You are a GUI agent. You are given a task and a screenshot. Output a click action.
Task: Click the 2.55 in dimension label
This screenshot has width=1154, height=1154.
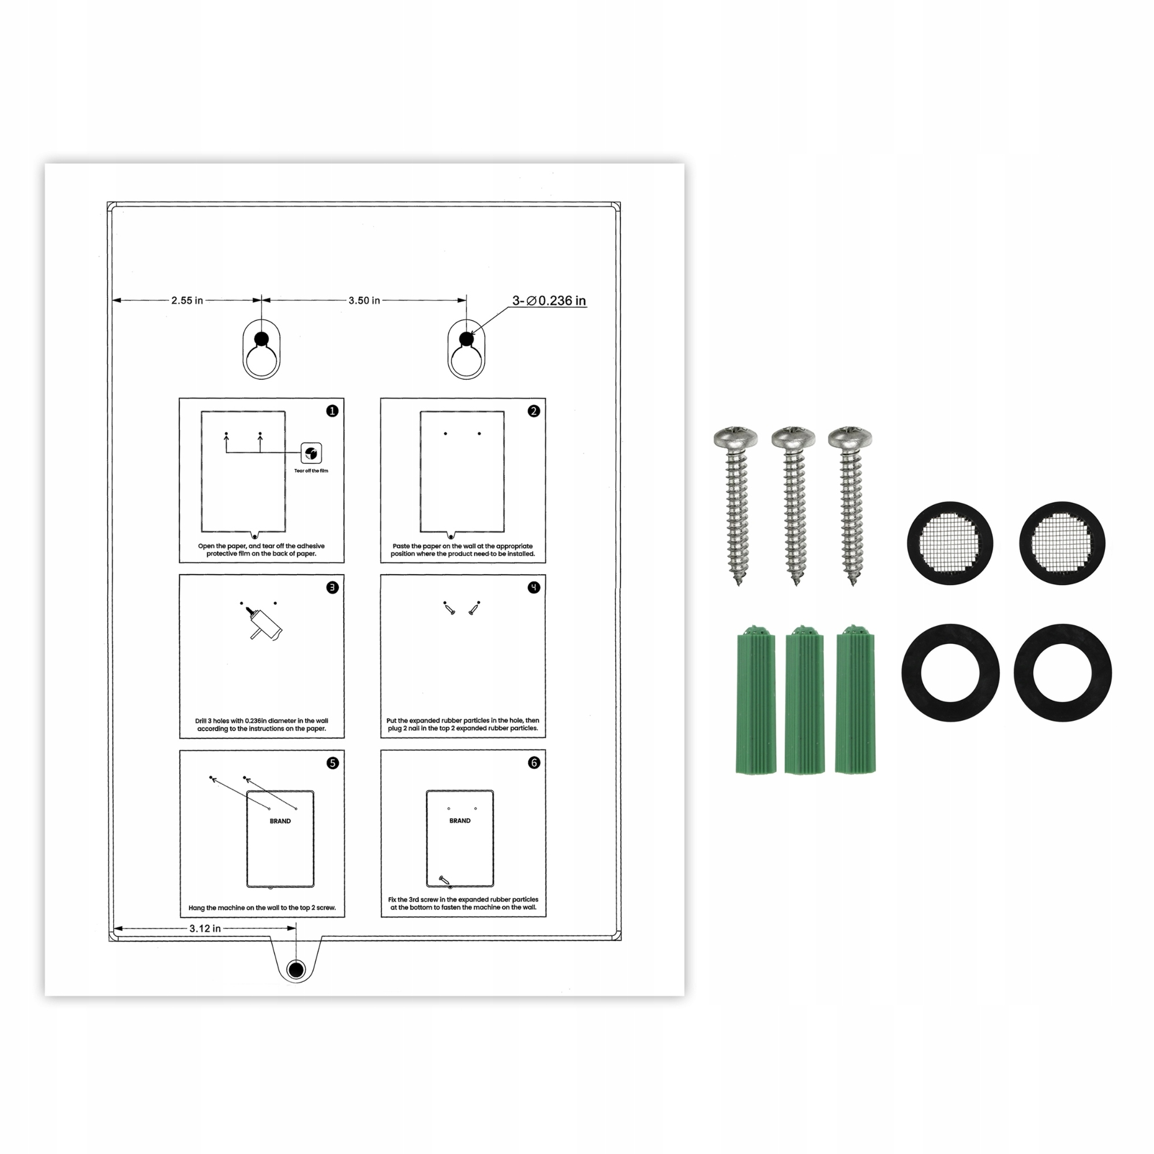[x=187, y=301]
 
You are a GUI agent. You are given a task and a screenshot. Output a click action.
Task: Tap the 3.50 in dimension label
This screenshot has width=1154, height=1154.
[x=364, y=301]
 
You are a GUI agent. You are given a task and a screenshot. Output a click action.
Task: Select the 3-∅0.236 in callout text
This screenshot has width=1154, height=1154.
[x=549, y=301]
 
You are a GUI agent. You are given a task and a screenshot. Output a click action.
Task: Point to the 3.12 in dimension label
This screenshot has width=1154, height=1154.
[x=205, y=928]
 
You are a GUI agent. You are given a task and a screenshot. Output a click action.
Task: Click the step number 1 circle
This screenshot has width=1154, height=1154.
[x=333, y=411]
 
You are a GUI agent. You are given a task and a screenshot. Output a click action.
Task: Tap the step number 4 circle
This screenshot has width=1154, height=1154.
[x=534, y=587]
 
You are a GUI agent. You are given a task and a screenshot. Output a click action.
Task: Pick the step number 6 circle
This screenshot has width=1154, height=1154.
[x=534, y=763]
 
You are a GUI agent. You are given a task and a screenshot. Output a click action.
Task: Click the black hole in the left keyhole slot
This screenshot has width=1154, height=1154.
[x=261, y=339]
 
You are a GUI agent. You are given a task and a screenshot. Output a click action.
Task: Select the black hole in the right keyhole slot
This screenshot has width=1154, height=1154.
[x=466, y=339]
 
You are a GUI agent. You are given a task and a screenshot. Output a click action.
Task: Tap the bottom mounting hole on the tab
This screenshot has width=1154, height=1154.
[x=296, y=969]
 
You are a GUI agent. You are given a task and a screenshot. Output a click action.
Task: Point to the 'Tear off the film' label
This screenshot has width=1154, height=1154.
[x=311, y=471]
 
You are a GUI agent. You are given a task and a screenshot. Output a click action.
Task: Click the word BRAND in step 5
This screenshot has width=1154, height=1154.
[x=280, y=821]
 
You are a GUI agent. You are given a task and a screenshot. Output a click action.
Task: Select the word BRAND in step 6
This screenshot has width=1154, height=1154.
[x=460, y=820]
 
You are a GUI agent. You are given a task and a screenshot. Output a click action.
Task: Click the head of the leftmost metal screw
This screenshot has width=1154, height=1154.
[x=736, y=437]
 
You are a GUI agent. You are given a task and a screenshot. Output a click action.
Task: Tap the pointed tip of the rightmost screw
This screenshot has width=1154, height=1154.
[x=853, y=584]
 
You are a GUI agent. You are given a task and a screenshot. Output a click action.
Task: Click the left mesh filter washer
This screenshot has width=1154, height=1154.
[x=950, y=543]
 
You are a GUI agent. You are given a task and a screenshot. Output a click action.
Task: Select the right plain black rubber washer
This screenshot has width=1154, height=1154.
[x=1063, y=673]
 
